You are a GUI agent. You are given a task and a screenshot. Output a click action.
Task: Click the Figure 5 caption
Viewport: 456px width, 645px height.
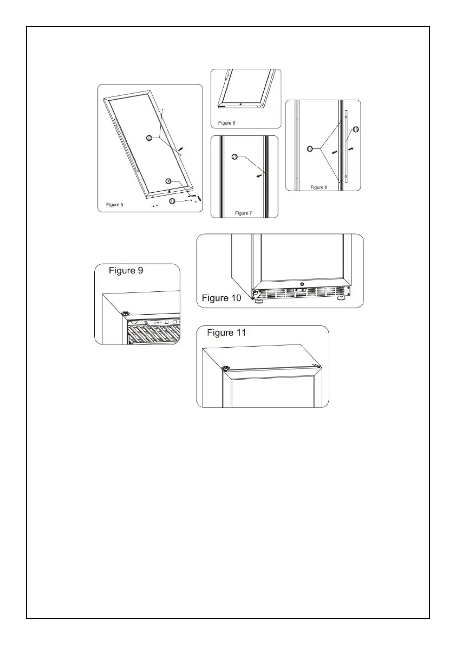(x=114, y=205)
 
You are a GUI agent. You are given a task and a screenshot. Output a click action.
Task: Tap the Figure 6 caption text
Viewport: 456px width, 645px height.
(x=227, y=123)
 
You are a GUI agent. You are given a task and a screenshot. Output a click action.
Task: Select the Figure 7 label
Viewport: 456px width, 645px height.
(x=244, y=213)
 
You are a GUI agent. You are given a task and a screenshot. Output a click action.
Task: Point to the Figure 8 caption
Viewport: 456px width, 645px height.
(x=319, y=187)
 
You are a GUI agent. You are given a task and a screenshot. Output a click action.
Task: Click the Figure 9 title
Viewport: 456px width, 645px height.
(x=126, y=271)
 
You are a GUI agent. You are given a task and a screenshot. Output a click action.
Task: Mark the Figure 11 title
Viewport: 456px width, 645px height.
(x=227, y=333)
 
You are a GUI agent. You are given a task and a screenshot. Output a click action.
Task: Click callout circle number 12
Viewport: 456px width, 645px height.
(x=149, y=138)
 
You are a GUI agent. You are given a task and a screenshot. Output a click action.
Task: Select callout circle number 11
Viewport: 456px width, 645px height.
(x=172, y=201)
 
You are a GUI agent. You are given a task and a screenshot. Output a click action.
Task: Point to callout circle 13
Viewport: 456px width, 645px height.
(x=234, y=157)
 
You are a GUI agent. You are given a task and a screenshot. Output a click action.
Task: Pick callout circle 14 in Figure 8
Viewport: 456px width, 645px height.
(x=310, y=148)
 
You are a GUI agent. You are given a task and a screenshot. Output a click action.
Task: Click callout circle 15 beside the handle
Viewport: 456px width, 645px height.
(x=356, y=129)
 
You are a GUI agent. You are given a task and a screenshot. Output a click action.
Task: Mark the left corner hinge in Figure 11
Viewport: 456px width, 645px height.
(x=226, y=368)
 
